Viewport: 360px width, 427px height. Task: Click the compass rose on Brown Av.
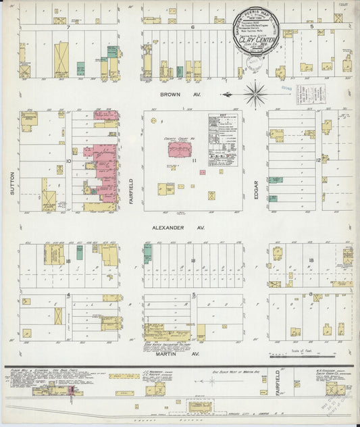click(255, 93)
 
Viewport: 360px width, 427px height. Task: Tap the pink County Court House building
click(181, 149)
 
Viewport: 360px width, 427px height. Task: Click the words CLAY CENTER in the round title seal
click(260, 39)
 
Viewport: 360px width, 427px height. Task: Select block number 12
click(317, 160)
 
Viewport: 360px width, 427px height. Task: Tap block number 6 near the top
click(192, 28)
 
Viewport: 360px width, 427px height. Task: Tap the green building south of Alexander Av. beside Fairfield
click(147, 253)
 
